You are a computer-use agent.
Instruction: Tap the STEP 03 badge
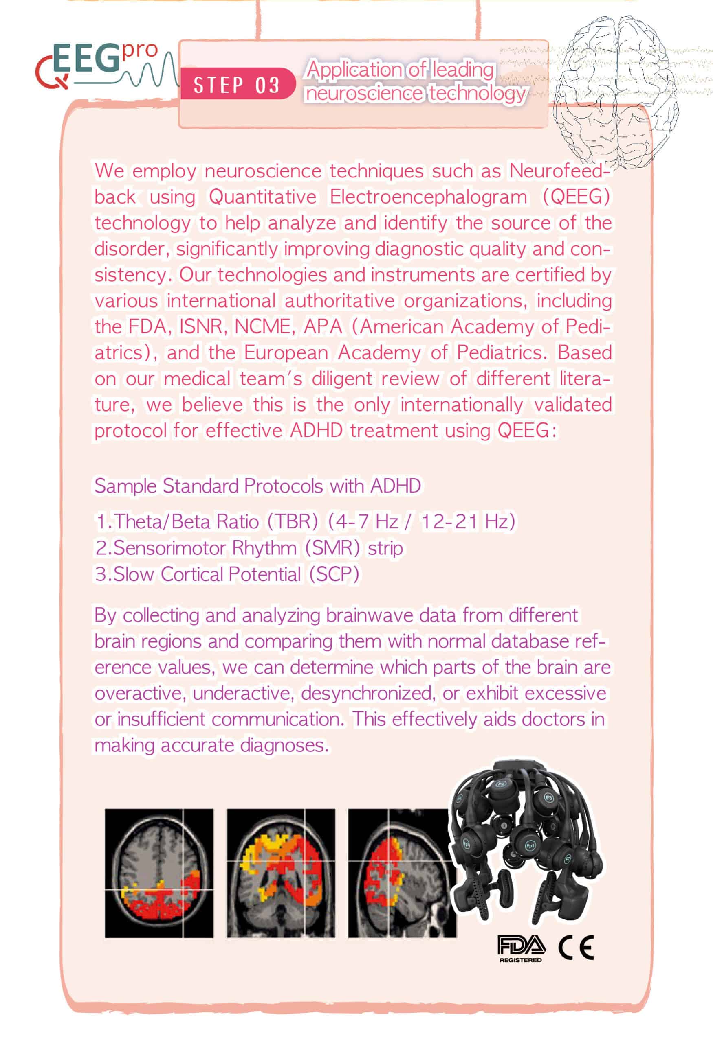236,84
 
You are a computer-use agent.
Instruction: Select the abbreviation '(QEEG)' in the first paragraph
576,197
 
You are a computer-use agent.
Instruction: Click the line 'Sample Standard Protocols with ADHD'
257,486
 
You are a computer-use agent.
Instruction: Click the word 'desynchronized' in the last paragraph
368,693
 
